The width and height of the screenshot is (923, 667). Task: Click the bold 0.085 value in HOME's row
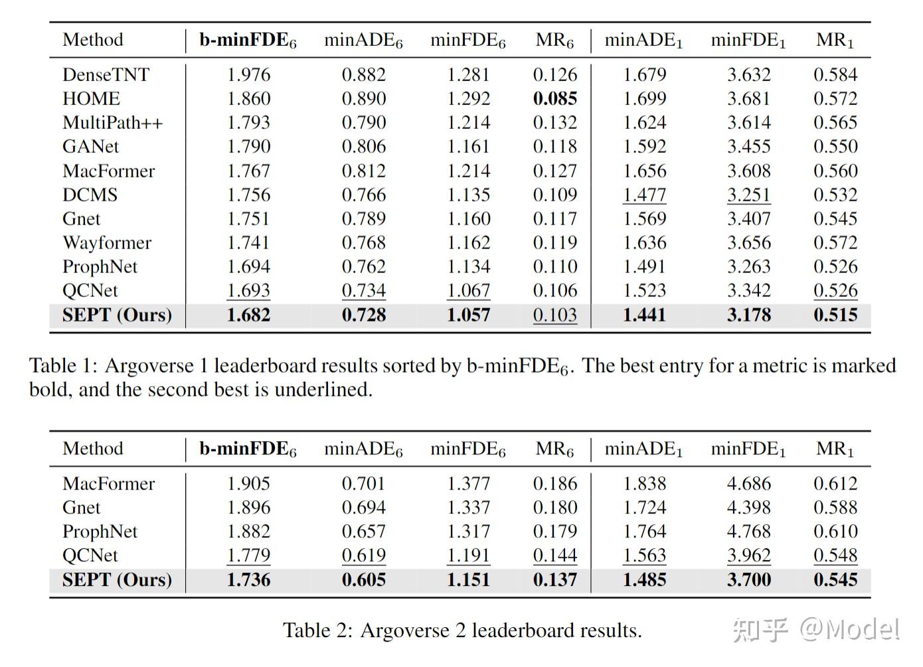coord(554,99)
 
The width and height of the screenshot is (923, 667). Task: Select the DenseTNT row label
coord(106,74)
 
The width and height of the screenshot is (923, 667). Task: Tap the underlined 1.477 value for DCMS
coord(644,195)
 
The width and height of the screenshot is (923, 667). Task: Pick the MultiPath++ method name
coord(112,123)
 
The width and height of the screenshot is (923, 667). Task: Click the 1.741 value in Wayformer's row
coord(248,242)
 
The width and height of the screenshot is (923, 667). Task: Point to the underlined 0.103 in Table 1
coord(554,315)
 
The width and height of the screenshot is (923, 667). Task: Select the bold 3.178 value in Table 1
coord(748,315)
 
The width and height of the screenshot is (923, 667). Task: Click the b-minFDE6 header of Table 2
coord(248,450)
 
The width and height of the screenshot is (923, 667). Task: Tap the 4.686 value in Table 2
coord(748,484)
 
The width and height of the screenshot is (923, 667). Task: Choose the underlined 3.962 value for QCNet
coord(748,555)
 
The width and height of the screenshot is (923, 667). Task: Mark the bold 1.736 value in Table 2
coord(248,580)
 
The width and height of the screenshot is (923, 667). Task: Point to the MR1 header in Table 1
coord(835,41)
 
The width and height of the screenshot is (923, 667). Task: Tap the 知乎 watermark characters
coord(761,629)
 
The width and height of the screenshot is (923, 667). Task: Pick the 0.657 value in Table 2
coord(363,531)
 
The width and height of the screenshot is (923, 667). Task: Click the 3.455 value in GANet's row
coord(748,147)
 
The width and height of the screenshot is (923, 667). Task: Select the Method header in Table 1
coord(93,40)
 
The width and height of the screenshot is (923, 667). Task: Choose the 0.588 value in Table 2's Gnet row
coord(835,508)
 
